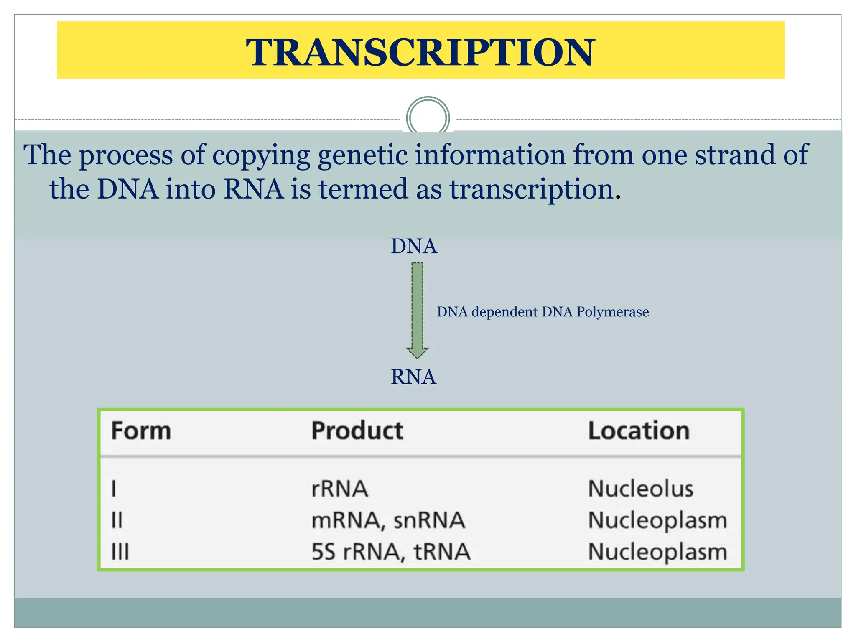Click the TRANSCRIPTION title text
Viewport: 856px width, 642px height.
(420, 52)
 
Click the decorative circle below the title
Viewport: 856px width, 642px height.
(428, 117)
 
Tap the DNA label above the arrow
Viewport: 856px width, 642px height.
(414, 246)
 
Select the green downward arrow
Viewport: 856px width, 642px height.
(417, 309)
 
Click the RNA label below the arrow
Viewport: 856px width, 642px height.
(413, 377)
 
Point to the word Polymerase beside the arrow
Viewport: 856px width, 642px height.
(612, 312)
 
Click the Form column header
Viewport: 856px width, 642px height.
(141, 431)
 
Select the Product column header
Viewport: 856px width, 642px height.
(357, 431)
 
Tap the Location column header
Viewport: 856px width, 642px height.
(639, 431)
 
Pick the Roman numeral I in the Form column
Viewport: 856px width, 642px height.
(114, 489)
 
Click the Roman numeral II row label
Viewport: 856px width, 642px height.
(117, 521)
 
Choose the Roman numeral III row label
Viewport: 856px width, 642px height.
(120, 552)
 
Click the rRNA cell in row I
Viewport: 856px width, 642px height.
(340, 489)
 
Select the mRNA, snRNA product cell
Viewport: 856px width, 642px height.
(388, 521)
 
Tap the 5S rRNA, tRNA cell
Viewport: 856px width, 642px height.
(391, 552)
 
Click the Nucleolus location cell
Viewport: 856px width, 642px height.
(640, 489)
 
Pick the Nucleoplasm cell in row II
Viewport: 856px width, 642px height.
(657, 521)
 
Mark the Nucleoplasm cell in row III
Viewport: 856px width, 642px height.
(657, 552)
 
